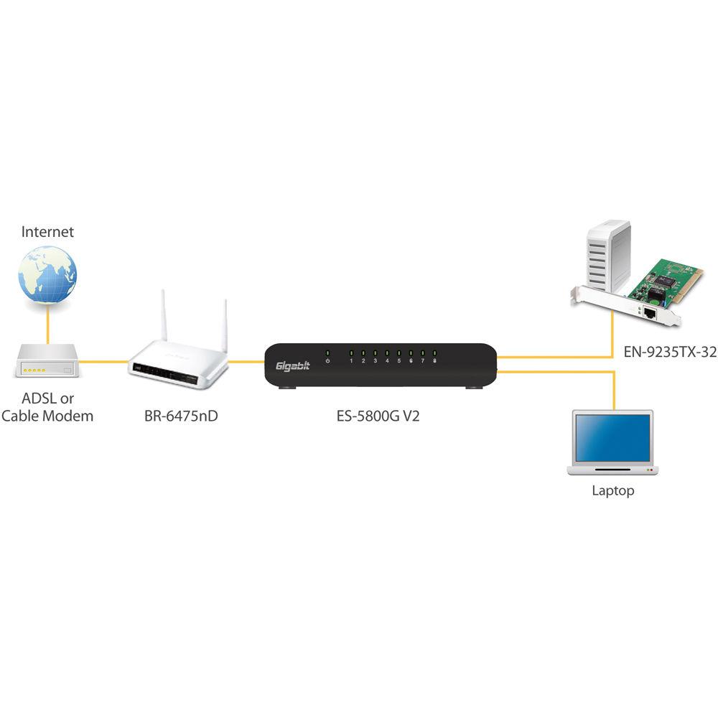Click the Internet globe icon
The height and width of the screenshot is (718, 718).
tap(47, 275)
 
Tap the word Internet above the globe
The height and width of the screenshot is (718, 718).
tap(47, 232)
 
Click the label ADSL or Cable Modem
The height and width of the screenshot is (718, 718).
tap(47, 407)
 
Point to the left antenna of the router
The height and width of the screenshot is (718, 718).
tap(163, 316)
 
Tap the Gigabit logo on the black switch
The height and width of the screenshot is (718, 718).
tap(292, 367)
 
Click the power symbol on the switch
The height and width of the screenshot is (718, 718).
tap(327, 360)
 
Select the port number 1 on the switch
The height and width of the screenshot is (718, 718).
tap(351, 360)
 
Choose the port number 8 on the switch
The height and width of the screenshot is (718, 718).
tap(434, 360)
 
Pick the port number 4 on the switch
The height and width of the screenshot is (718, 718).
tap(387, 360)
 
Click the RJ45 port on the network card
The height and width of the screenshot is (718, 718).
tap(651, 313)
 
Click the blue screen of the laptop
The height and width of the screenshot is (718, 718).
tap(611, 437)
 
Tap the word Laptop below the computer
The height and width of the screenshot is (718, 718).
tap(612, 491)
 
